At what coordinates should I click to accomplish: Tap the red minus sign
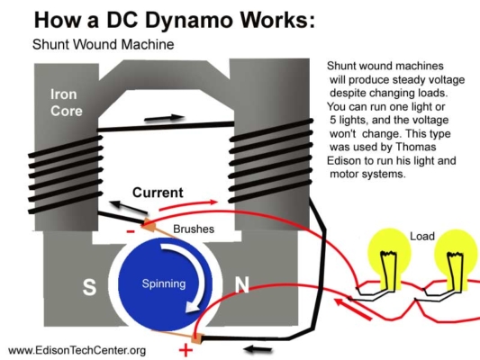pos(131,230)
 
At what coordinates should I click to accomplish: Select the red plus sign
pos(186,349)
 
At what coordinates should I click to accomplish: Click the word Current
pos(158,193)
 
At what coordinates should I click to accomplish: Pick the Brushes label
pos(194,229)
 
